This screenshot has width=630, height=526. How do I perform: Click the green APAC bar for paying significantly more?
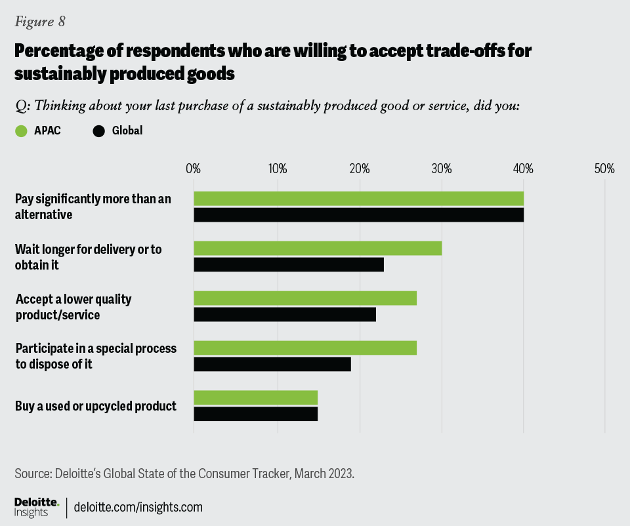click(358, 199)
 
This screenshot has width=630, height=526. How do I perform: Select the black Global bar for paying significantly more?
click(358, 214)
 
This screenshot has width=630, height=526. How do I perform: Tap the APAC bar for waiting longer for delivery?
click(318, 249)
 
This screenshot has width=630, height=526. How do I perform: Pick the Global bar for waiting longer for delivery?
click(289, 264)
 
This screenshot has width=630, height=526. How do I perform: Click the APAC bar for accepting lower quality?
click(305, 298)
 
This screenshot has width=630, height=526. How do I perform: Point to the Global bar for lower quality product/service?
click(285, 314)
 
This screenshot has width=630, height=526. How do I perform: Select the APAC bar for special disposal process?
click(305, 348)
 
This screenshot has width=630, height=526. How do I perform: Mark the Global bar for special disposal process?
click(272, 364)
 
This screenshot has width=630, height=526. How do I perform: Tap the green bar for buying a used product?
click(256, 398)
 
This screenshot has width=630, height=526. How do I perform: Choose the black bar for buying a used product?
click(256, 414)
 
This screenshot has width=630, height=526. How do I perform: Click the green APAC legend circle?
click(21, 131)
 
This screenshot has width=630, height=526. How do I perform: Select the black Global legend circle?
click(99, 131)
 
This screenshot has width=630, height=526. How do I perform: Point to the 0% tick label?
click(194, 169)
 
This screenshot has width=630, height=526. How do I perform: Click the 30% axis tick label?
click(442, 169)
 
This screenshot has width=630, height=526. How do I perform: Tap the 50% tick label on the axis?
click(604, 169)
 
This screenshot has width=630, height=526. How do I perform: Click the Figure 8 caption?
click(40, 22)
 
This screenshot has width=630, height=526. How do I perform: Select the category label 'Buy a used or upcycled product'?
click(96, 406)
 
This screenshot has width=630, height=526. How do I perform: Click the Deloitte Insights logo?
click(37, 506)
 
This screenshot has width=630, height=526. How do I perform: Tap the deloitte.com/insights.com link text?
click(138, 507)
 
